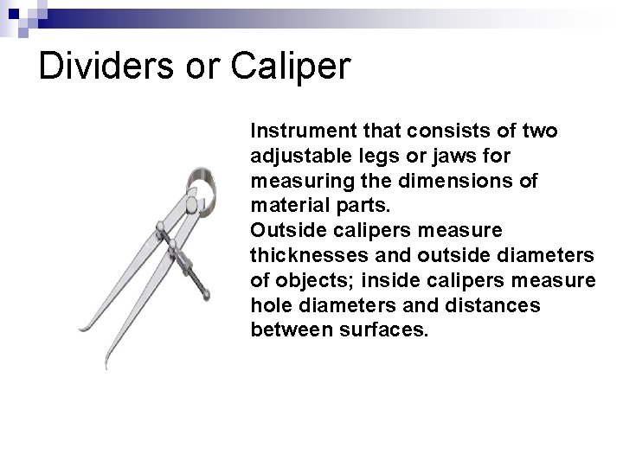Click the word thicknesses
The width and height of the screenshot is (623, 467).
pos(306,255)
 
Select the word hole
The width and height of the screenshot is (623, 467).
pos(266,305)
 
